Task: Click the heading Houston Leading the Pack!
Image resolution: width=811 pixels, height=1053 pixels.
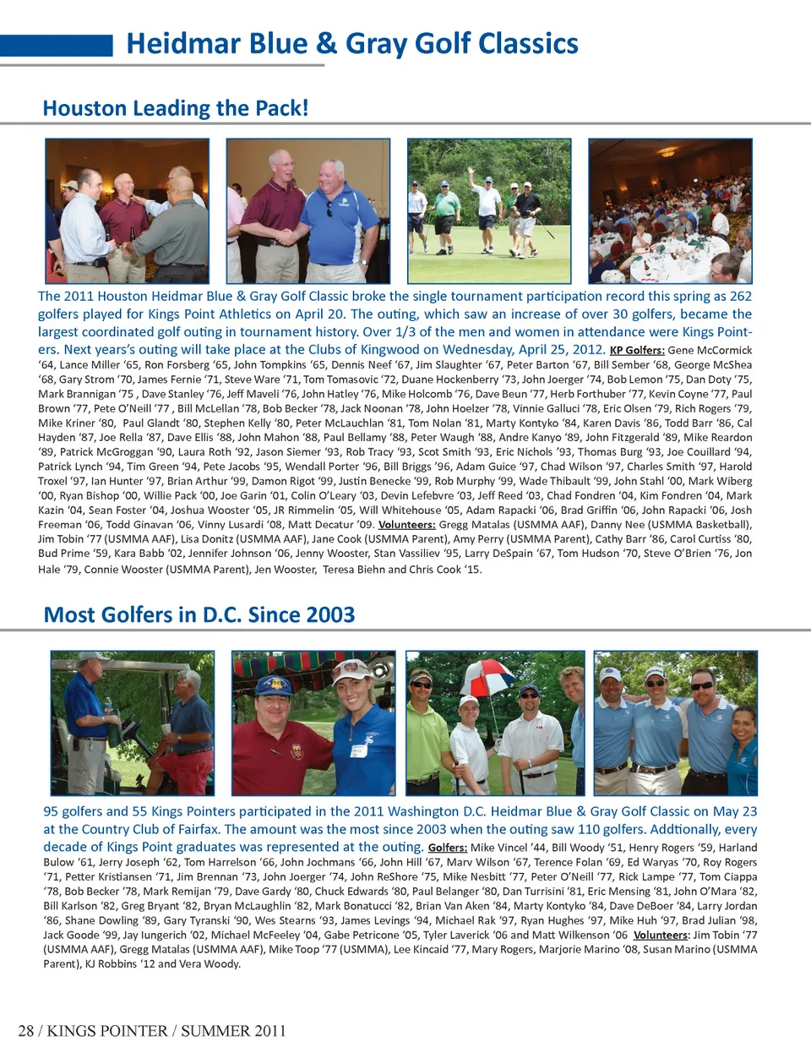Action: (x=176, y=108)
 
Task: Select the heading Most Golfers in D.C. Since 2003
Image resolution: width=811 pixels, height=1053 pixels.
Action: (x=199, y=614)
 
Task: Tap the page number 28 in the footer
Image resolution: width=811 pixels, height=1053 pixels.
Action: (x=26, y=1030)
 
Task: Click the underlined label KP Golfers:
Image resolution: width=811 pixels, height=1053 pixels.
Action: (x=637, y=350)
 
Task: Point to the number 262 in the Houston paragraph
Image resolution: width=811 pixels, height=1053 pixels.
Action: (x=740, y=296)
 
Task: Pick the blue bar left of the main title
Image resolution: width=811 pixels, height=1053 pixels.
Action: (x=56, y=45)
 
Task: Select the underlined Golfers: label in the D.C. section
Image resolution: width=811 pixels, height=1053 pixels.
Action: (x=447, y=847)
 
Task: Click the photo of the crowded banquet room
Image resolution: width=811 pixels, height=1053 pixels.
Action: (x=669, y=210)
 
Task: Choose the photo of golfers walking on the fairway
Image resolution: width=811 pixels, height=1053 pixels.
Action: (x=488, y=210)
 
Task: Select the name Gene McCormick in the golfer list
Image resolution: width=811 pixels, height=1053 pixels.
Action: (x=710, y=350)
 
